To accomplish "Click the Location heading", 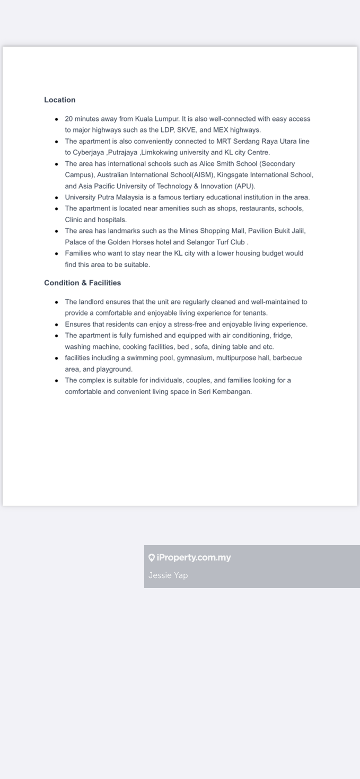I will (59, 100).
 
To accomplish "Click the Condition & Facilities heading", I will (82, 283).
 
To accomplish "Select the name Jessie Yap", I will (168, 575).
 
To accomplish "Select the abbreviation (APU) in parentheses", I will (245, 186).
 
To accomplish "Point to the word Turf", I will (221, 242).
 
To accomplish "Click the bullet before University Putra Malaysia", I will (57, 197).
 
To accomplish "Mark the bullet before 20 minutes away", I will (57, 119).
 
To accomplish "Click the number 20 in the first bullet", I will (69, 119).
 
